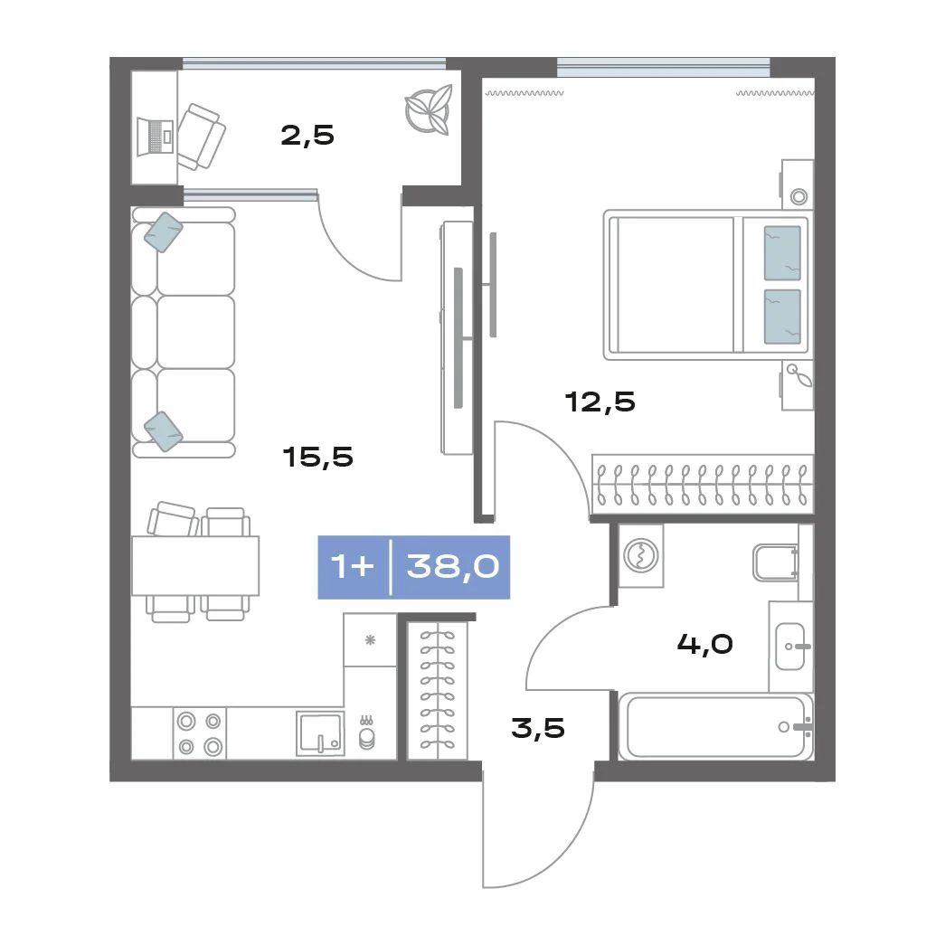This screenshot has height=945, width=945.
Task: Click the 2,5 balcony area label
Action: coord(307,135)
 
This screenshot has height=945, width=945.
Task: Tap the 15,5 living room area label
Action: coord(317,457)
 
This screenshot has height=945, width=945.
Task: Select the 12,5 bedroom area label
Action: coord(600,402)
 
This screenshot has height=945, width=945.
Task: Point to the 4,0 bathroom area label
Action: coord(705,644)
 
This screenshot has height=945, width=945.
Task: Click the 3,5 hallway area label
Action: coord(538,727)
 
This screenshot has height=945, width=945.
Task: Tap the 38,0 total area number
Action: coord(453,566)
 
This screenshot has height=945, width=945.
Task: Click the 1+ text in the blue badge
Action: coord(353,566)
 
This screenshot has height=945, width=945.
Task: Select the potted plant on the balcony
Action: coord(429,109)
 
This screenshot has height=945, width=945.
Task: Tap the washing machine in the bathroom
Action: coord(640,555)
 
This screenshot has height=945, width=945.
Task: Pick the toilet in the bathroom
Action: coord(776,562)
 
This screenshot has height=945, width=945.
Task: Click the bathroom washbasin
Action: coord(790,647)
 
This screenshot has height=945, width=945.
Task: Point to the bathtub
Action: coord(716,726)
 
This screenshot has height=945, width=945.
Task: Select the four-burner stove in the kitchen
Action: coord(200,733)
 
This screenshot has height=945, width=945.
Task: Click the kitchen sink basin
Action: coord(320,732)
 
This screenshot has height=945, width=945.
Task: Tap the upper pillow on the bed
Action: coord(782,253)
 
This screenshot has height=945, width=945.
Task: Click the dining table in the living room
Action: coord(195,566)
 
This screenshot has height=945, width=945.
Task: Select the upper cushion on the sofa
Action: coord(164,232)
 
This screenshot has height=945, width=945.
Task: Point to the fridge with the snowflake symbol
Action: coord(370,639)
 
